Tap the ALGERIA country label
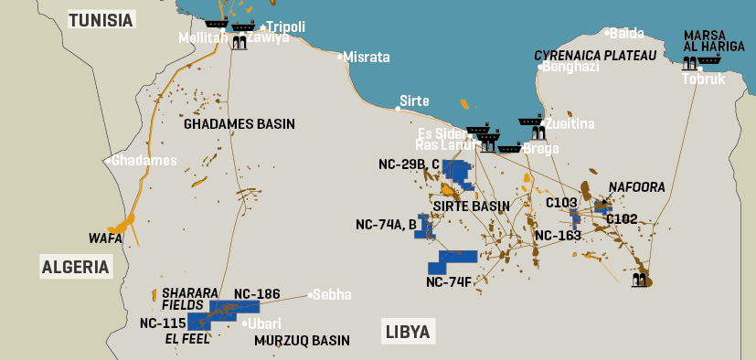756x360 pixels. (x=75, y=267)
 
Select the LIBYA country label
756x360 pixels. (x=407, y=331)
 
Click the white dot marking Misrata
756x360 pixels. (x=340, y=57)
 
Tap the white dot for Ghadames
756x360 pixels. (x=109, y=161)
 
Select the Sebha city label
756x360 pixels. (x=334, y=294)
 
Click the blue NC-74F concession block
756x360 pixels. (x=453, y=261)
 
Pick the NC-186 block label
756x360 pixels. (x=255, y=293)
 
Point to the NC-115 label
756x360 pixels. (x=163, y=323)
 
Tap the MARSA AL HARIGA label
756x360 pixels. (x=706, y=43)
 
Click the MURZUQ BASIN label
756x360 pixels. (x=302, y=341)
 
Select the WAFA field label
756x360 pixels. (x=105, y=238)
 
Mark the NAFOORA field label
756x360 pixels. (x=636, y=187)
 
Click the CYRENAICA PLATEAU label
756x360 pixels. (x=595, y=56)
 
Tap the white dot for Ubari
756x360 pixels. (x=245, y=323)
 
